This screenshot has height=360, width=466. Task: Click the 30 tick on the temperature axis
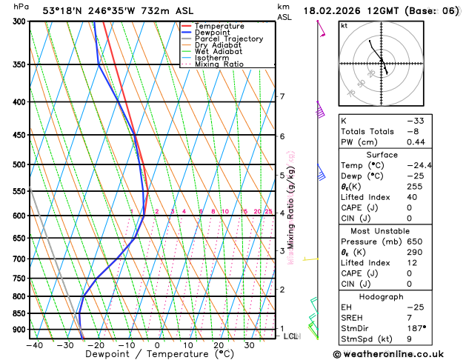249,345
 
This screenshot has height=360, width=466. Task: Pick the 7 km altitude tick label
282,97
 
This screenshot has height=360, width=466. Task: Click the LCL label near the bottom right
290,336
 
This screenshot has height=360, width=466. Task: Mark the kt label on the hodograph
344,25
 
